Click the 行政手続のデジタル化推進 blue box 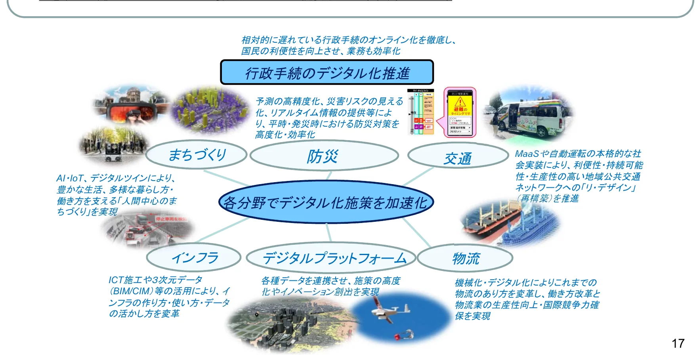coord(326,72)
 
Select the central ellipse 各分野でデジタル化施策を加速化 coord(326,202)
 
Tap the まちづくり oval coord(197,155)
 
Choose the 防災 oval coord(324,156)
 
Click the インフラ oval coord(194,258)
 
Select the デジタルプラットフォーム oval coord(331,258)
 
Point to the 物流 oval coord(465,258)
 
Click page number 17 coord(678,343)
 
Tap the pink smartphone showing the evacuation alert coord(460,112)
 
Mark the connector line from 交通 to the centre coord(418,177)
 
